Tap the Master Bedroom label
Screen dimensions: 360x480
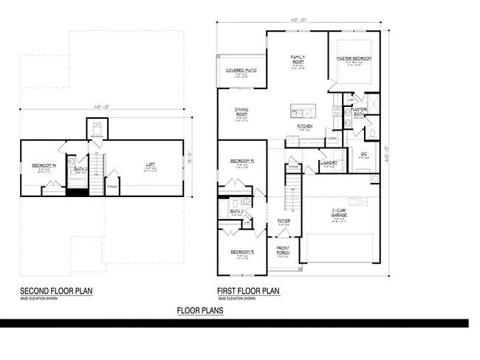(x=354, y=58)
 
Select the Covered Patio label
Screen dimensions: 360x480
(x=241, y=71)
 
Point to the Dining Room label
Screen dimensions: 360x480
(x=241, y=114)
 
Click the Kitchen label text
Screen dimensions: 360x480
(x=305, y=126)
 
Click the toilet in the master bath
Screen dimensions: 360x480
(x=371, y=134)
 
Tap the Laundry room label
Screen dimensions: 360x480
(x=329, y=162)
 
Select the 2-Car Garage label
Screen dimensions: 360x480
(x=340, y=213)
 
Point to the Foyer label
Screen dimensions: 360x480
(x=283, y=221)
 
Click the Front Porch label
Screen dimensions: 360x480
(x=283, y=251)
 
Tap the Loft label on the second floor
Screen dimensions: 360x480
(x=150, y=167)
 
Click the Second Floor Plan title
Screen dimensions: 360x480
(x=56, y=291)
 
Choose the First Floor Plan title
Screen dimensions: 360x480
(x=248, y=291)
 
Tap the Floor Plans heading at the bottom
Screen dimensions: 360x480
(x=200, y=311)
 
